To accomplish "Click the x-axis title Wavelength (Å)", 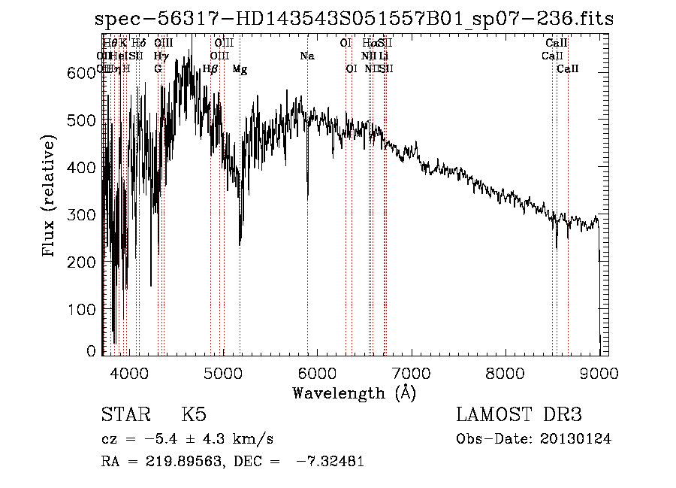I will point(354,393).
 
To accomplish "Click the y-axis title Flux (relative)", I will point(50,198).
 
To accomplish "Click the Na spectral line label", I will point(306,56).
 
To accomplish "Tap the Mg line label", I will point(240,69).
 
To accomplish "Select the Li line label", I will point(383,56).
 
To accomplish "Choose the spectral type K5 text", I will point(193,416).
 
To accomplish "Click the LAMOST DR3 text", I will point(519,416).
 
